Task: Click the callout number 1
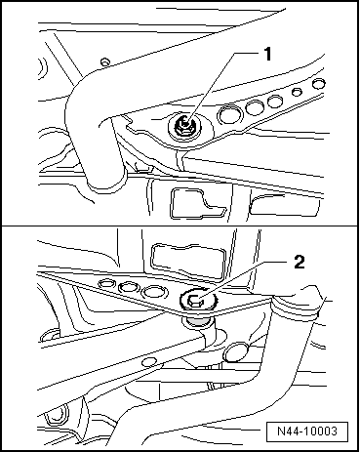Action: click(x=267, y=54)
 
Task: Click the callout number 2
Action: click(x=300, y=262)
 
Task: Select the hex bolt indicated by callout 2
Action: click(x=195, y=300)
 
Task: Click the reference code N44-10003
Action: click(x=307, y=431)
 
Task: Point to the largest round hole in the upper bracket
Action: click(x=230, y=114)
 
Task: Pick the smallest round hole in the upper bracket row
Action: click(x=297, y=92)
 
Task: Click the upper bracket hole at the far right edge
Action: click(x=319, y=84)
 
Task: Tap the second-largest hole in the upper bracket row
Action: click(x=255, y=107)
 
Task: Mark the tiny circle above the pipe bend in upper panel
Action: click(x=105, y=62)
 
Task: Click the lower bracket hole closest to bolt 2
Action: click(x=154, y=292)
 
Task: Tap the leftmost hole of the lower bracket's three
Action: click(x=106, y=283)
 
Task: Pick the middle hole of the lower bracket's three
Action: click(x=129, y=287)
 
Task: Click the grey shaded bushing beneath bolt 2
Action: click(x=197, y=323)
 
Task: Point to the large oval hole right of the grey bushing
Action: click(x=236, y=351)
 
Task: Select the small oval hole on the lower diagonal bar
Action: click(x=150, y=361)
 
